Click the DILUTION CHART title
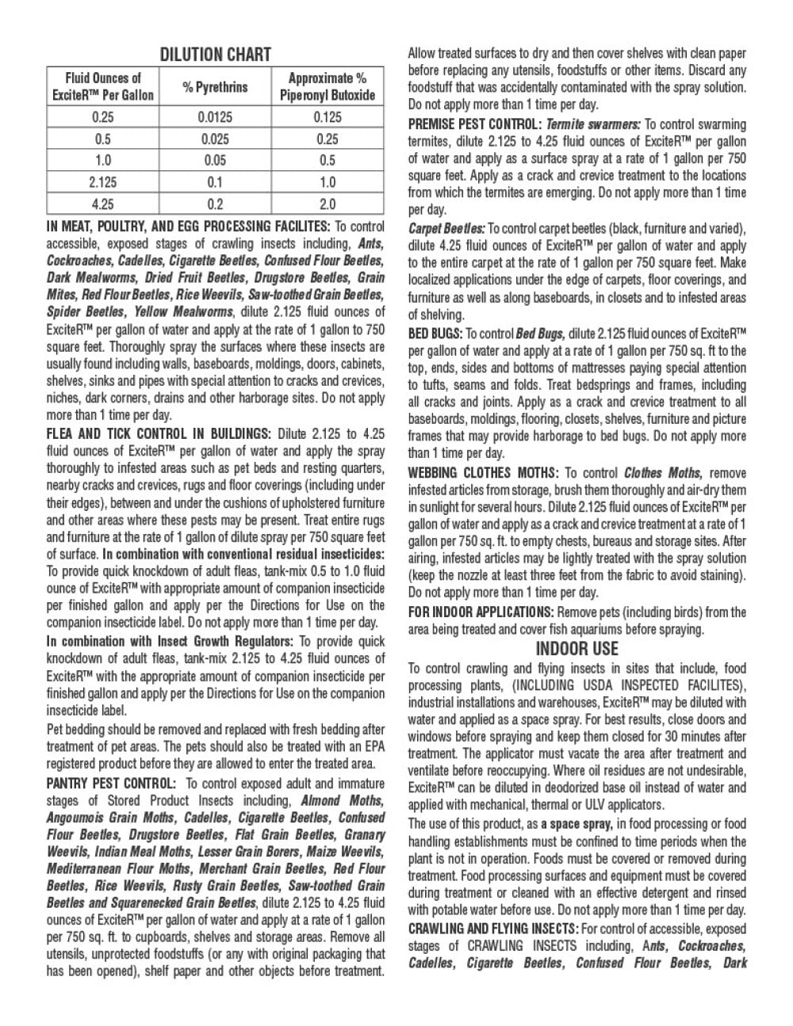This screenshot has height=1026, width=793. [216, 55]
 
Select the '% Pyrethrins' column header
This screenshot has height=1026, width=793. [215, 86]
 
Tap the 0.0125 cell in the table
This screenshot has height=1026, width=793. [215, 117]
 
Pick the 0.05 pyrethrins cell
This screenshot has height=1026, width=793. [215, 161]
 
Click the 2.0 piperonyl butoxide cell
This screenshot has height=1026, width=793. [327, 204]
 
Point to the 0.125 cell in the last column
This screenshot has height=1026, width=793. [327, 117]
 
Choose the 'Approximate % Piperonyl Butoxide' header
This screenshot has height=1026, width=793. [327, 86]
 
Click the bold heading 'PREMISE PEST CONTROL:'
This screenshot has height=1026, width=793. [474, 124]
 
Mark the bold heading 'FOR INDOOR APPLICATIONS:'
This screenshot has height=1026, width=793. [481, 612]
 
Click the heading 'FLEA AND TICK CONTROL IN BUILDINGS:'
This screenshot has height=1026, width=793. [159, 433]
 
